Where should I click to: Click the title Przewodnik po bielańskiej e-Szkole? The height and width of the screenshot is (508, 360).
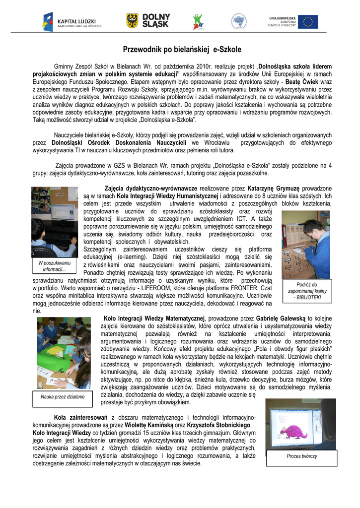click(x=182, y=50)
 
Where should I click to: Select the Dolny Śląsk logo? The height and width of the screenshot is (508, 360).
click(x=148, y=21)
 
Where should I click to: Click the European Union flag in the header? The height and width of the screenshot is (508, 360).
click(x=307, y=22)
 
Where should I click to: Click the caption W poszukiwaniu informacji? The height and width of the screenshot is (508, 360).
click(x=54, y=266)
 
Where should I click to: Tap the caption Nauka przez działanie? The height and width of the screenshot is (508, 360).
click(x=62, y=396)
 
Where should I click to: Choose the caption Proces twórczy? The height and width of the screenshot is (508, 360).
click(x=301, y=456)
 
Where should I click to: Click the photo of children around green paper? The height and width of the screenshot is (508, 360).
click(x=63, y=353)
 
